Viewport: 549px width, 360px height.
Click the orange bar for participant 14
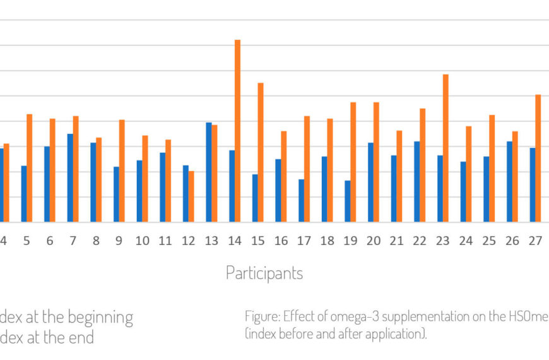coord(237,131)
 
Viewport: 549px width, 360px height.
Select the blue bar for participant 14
coord(232,186)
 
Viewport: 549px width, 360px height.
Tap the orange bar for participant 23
coord(446,148)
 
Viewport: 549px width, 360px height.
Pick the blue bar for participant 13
coord(209,172)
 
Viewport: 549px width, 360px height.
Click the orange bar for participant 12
coord(191,196)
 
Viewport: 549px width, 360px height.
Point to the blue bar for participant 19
coord(348,201)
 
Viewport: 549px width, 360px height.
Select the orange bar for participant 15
coord(261,152)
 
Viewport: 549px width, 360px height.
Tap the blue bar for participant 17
coord(302,201)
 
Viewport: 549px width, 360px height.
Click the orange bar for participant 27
coord(538,159)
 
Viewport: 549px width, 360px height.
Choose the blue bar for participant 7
coord(70,178)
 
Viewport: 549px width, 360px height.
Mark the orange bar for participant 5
coord(29,168)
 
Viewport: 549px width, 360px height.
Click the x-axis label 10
coord(143,241)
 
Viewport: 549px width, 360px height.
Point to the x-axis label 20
coord(374,241)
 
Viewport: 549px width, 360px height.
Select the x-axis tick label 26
coord(512,241)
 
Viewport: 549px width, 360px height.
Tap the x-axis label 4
coord(3,241)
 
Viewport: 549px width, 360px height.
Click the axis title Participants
coord(264,273)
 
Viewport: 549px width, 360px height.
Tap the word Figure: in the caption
coord(262,316)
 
